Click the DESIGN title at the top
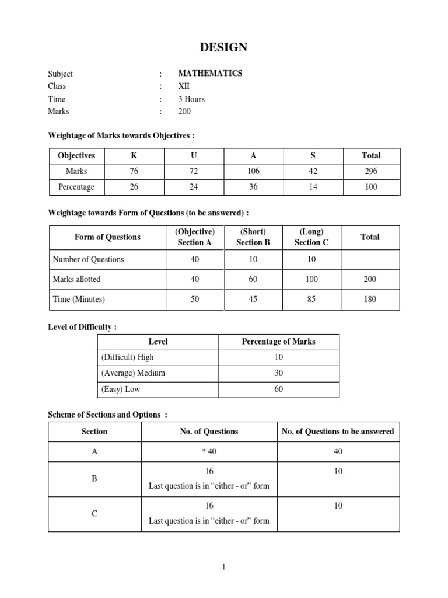pyautogui.click(x=223, y=47)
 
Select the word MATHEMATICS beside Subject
pyautogui.click(x=210, y=74)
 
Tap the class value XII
pyautogui.click(x=184, y=86)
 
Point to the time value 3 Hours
pyautogui.click(x=191, y=99)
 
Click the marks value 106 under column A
pyautogui.click(x=253, y=171)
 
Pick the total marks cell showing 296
pyautogui.click(x=371, y=171)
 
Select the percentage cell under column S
pyautogui.click(x=312, y=187)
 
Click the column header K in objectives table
pyautogui.click(x=135, y=155)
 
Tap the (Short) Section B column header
pyautogui.click(x=253, y=237)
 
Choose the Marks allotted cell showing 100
pyautogui.click(x=312, y=279)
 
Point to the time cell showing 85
pyautogui.click(x=312, y=299)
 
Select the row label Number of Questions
pyautogui.click(x=88, y=259)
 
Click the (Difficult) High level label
pyautogui.click(x=128, y=357)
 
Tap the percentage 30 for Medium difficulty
pyautogui.click(x=278, y=373)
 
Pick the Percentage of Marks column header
pyautogui.click(x=278, y=342)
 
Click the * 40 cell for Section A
pyautogui.click(x=209, y=451)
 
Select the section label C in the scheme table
pyautogui.click(x=94, y=514)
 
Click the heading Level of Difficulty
pyautogui.click(x=82, y=327)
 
